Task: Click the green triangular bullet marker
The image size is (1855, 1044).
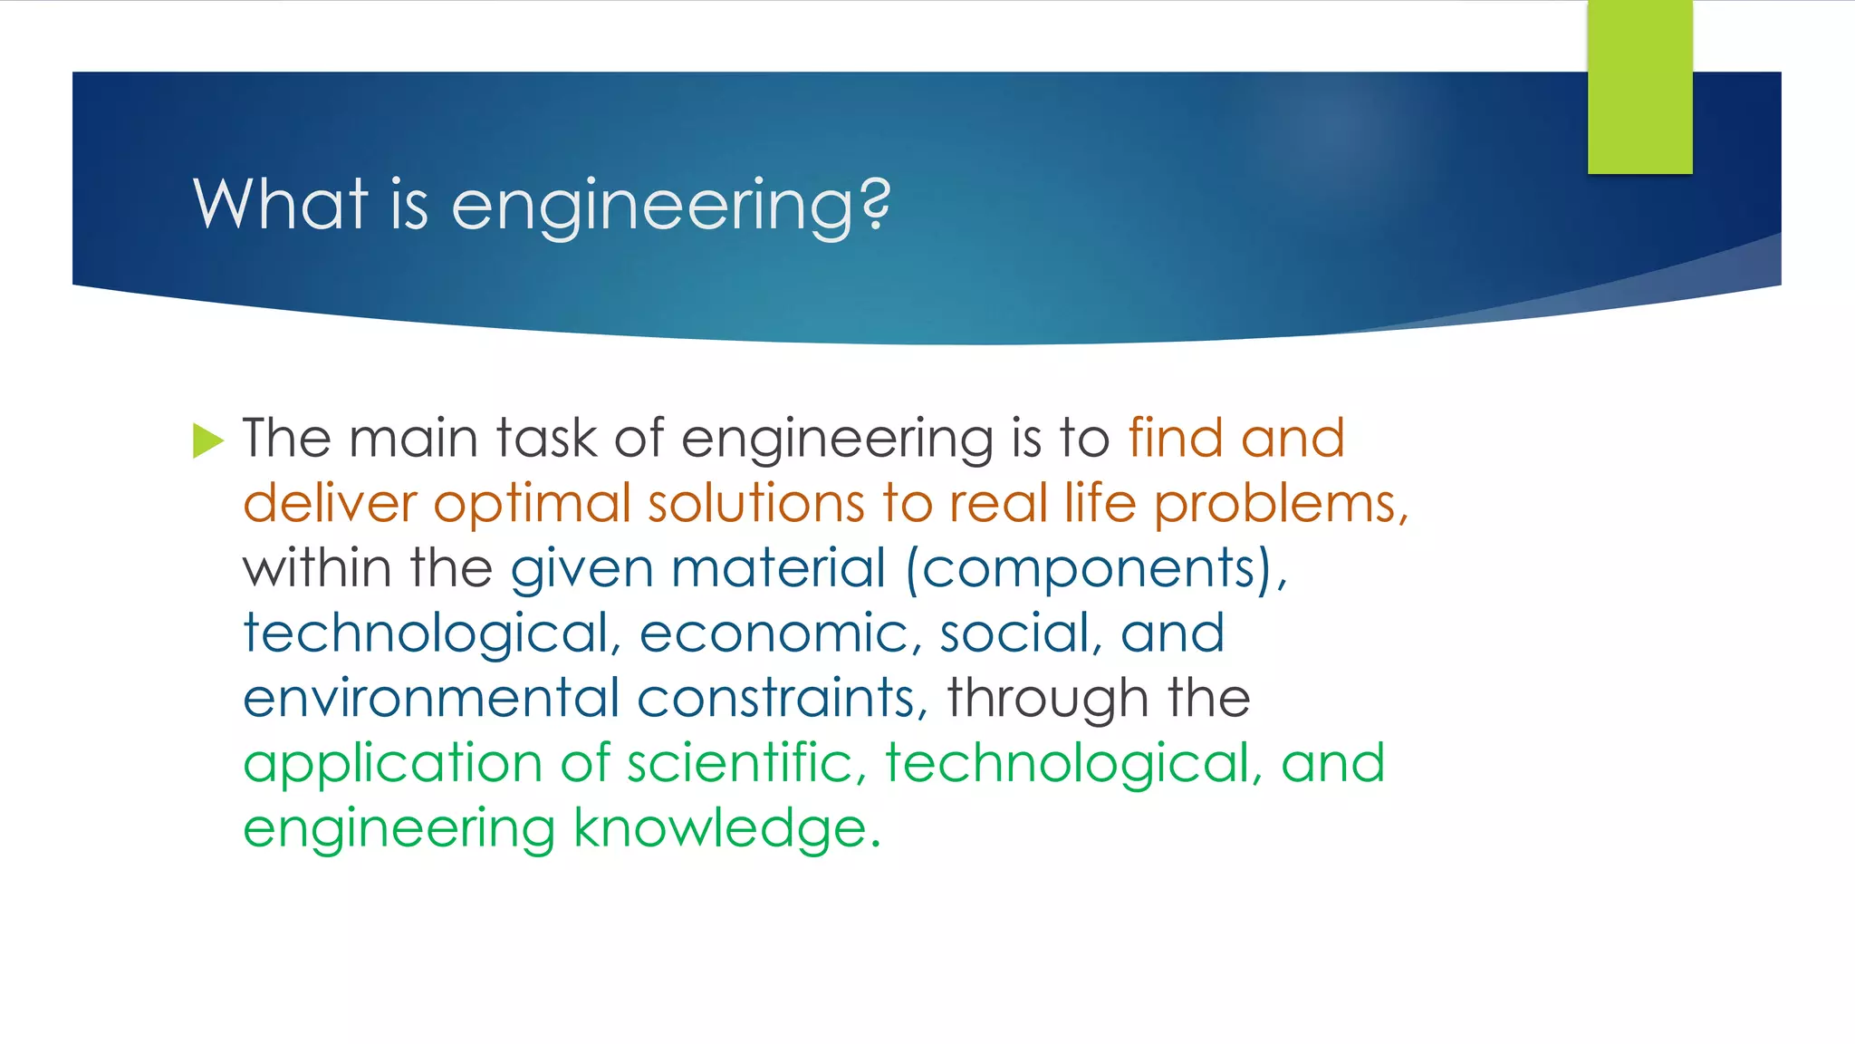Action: pyautogui.click(x=207, y=441)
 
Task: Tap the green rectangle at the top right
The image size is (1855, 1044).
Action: pyautogui.click(x=1639, y=87)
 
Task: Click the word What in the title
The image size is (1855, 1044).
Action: pyautogui.click(x=280, y=204)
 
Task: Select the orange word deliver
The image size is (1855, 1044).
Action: pyautogui.click(x=330, y=504)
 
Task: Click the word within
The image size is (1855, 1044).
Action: pyautogui.click(x=317, y=569)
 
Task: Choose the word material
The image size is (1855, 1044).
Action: pyautogui.click(x=778, y=569)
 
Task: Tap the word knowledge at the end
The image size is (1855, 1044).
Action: pyautogui.click(x=721, y=829)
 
